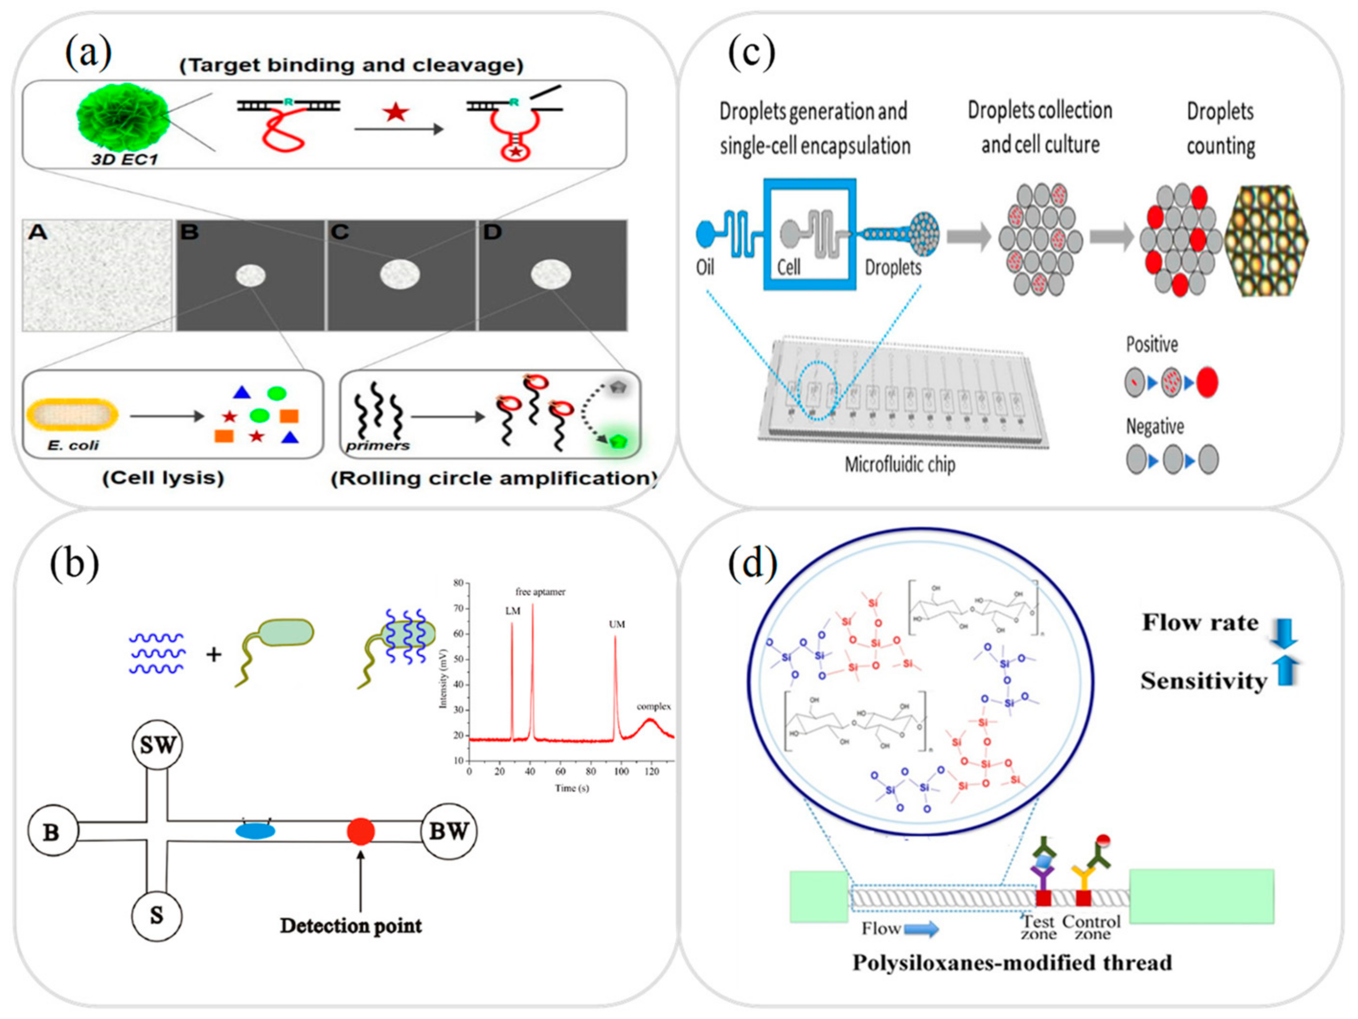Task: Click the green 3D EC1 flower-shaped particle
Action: coord(122,117)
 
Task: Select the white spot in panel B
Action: coord(251,275)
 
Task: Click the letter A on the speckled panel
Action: coord(38,232)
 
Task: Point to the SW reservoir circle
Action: coord(158,745)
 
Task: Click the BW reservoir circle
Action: coord(448,831)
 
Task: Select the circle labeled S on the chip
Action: coord(157,916)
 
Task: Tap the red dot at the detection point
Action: coord(360,831)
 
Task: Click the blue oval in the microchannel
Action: coord(255,831)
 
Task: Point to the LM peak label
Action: coord(513,611)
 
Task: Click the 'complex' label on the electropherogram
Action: coord(653,707)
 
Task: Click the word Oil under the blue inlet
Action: coord(705,268)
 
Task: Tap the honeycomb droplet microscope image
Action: coord(1266,240)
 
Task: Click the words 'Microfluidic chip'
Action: coord(900,465)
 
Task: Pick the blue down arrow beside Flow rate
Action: coord(1284,633)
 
